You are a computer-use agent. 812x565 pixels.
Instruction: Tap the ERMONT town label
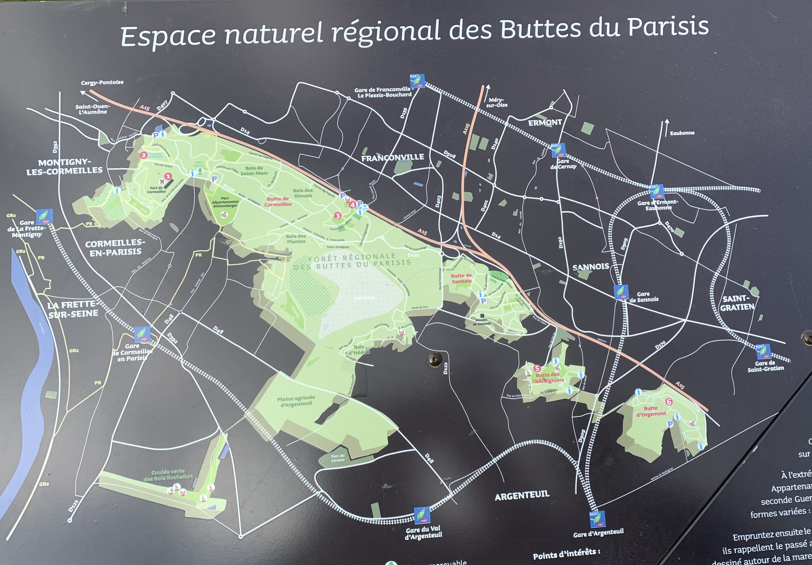[545, 123]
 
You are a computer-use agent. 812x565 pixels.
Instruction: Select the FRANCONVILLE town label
[393, 157]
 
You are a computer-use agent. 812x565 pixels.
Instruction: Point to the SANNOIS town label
[591, 267]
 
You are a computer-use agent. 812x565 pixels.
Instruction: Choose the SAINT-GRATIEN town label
[737, 303]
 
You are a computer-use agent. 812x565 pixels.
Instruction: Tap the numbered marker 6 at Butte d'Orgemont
[668, 402]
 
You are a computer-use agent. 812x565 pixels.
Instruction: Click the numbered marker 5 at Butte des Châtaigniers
[537, 368]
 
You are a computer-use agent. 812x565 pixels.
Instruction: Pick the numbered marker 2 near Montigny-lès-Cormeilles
[143, 155]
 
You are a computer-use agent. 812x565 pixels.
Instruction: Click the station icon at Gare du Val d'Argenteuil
[422, 515]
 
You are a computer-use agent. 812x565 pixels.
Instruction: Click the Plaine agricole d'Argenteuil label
[296, 401]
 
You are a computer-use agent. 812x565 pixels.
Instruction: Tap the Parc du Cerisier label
[337, 458]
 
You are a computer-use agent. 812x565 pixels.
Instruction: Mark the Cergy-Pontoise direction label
[102, 82]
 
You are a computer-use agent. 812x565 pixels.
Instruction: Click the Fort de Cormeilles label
[156, 190]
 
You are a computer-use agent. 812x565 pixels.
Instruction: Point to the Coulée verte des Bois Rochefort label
[168, 475]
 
